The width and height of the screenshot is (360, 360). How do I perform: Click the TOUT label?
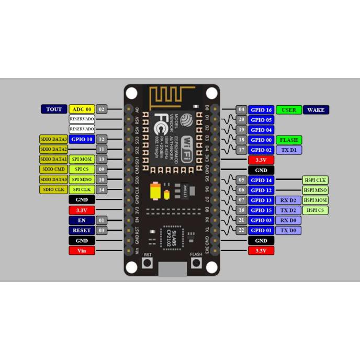54,109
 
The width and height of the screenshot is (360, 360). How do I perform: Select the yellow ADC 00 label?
82,109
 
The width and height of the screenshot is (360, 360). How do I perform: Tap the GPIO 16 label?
261,110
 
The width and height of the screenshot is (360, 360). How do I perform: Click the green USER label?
289,110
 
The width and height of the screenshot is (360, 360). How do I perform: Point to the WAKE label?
316,110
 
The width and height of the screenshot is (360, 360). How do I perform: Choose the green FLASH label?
289,140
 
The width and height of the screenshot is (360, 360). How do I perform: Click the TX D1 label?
289,150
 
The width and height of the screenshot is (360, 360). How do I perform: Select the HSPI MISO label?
316,190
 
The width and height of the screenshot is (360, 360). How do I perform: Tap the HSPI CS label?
316,210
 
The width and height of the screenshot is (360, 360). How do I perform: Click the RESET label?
82,230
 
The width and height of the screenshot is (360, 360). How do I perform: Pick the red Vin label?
82,251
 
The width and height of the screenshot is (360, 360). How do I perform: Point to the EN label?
82,220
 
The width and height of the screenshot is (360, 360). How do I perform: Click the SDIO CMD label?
54,169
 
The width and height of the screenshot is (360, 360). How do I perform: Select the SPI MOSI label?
82,159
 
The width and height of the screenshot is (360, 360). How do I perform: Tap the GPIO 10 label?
82,139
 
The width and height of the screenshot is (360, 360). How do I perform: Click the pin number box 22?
241,230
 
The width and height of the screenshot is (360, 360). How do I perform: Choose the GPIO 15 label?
261,210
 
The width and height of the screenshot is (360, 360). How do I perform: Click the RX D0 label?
289,220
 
